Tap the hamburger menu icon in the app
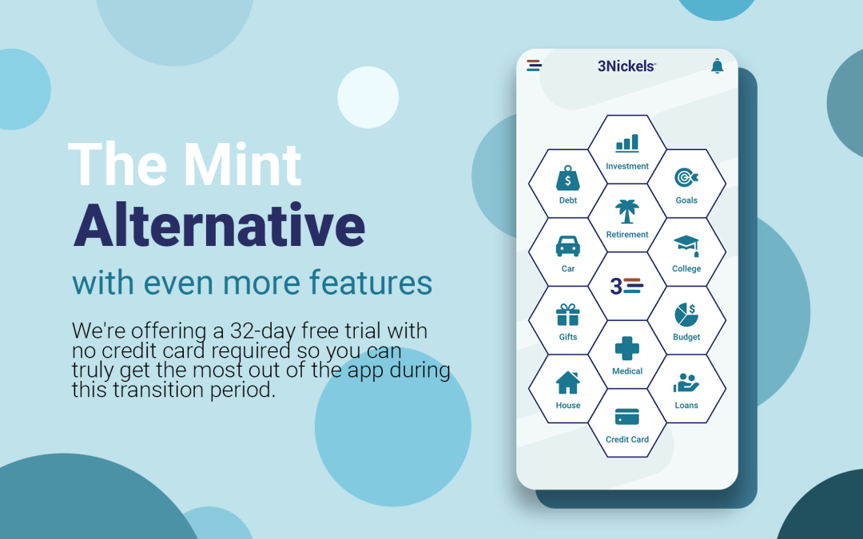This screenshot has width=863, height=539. (534, 65)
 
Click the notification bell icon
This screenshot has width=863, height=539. (717, 66)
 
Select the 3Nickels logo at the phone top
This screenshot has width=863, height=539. (626, 66)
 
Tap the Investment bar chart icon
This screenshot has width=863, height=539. (627, 143)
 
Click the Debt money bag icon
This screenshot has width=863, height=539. (568, 178)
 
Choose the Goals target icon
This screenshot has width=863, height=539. (686, 178)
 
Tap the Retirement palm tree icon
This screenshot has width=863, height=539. (627, 212)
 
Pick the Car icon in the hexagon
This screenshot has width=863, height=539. (568, 246)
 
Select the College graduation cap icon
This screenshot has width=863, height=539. (686, 245)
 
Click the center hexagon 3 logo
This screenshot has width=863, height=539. (627, 286)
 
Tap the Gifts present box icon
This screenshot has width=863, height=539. (568, 315)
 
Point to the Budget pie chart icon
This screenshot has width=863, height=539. (686, 315)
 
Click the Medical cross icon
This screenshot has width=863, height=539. (627, 349)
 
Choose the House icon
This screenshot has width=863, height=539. (568, 382)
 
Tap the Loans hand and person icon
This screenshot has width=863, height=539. (686, 383)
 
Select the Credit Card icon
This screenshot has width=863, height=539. (627, 417)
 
